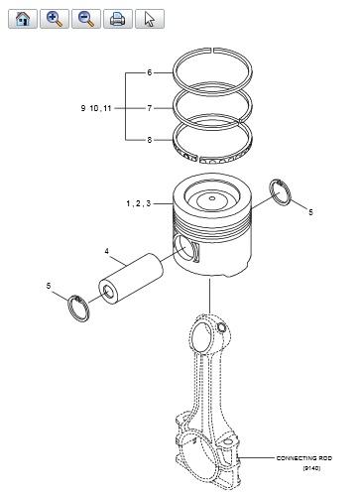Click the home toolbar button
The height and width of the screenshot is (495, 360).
coord(23,19)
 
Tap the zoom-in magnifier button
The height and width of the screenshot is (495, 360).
coord(55,19)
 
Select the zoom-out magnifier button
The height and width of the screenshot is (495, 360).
coord(86,19)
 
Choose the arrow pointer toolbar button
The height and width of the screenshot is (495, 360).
coord(150,19)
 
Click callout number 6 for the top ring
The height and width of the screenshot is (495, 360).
coord(150,72)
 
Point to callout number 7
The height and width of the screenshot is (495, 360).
coord(150,108)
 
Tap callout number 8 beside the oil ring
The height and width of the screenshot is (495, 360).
coord(150,140)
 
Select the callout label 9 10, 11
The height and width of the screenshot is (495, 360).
coord(96,108)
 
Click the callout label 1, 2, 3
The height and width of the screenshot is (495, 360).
coord(139,203)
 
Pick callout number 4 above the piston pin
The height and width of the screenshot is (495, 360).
coord(106,251)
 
